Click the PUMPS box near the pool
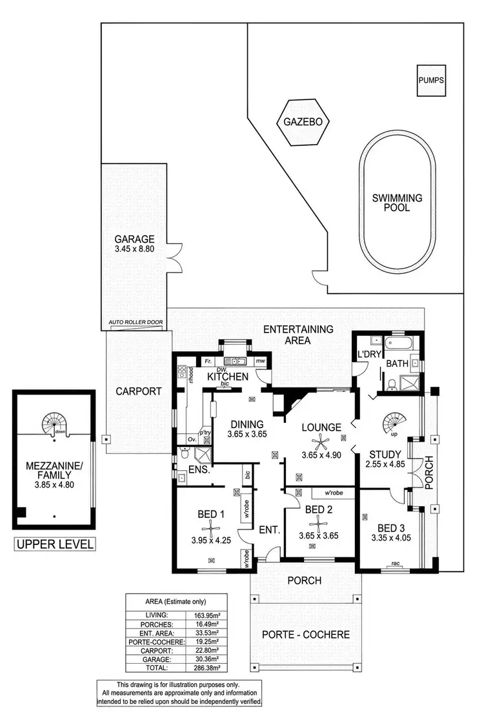431,81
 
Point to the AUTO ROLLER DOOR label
136,322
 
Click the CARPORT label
138,391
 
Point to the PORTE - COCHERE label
306,634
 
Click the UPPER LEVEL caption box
55,544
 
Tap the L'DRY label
367,355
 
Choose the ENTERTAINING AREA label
298,334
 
